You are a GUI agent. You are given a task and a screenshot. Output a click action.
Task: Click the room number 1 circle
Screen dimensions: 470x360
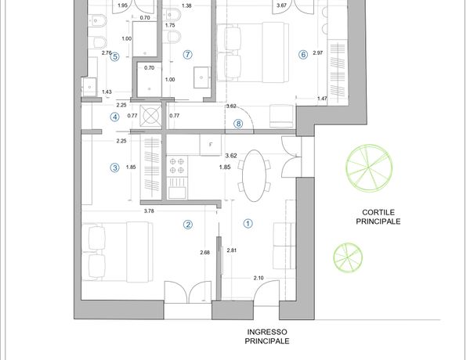(x=248, y=223)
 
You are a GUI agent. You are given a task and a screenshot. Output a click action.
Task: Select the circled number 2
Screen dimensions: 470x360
(x=188, y=225)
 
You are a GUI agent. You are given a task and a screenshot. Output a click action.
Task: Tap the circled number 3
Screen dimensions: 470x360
(x=115, y=167)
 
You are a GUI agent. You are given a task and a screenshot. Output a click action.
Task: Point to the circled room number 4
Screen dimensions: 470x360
(x=115, y=117)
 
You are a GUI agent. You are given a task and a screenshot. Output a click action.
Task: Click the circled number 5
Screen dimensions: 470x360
(x=115, y=56)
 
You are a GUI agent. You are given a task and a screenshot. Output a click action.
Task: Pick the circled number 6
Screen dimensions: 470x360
(x=303, y=55)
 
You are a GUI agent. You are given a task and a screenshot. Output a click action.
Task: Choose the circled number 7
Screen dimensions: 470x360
(x=188, y=55)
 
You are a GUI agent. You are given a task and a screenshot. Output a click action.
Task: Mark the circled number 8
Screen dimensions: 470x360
(x=238, y=124)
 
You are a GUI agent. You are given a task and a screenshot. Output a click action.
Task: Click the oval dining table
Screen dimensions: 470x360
(x=254, y=175)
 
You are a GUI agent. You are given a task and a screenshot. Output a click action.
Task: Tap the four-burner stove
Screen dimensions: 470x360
(x=177, y=166)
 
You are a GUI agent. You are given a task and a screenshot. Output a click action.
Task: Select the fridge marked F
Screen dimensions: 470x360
(x=211, y=145)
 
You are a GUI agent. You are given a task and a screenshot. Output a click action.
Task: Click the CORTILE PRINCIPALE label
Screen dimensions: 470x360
(x=378, y=217)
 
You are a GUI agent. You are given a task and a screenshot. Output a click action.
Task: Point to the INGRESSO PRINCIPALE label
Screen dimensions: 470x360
(x=267, y=337)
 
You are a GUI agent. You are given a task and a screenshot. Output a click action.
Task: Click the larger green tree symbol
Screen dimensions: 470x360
(x=369, y=167)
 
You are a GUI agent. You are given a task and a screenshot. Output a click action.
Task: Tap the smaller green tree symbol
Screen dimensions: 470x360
(x=348, y=257)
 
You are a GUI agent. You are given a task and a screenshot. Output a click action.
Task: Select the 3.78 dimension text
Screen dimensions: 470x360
(x=149, y=211)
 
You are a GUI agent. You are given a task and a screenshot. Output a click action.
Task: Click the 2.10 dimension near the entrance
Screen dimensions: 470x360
(x=258, y=278)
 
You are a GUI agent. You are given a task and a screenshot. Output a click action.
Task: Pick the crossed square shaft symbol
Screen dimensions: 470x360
(x=151, y=115)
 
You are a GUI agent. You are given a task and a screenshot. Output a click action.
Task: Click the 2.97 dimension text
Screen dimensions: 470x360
(x=318, y=52)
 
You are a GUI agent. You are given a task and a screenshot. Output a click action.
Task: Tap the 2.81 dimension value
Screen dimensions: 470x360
(x=232, y=250)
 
